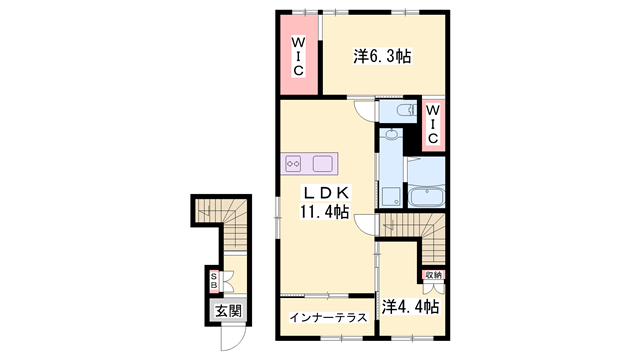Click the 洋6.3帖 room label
tap(382, 58)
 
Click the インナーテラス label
tap(327, 318)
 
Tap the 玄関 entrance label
tap(227, 311)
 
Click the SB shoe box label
tap(214, 282)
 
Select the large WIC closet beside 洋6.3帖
tap(298, 56)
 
